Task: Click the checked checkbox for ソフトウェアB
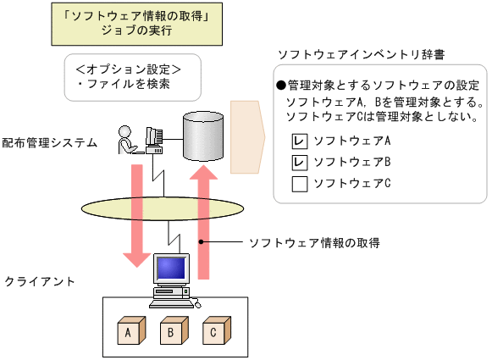coord(299,162)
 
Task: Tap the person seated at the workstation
coord(127,140)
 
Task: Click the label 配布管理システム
coord(49,143)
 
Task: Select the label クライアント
coord(40,280)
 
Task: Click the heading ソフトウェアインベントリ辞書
coord(362,54)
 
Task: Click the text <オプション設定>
coord(128,68)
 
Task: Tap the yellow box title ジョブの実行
coord(135,31)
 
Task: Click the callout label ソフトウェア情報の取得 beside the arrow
coord(314,242)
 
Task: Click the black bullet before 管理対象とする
coord(281,86)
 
